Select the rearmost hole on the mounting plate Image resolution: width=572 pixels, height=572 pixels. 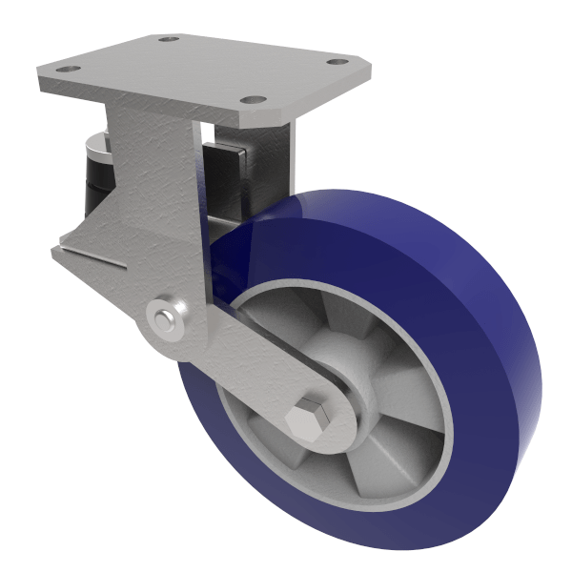(x=169, y=39)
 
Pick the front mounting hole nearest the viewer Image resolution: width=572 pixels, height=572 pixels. (x=251, y=99)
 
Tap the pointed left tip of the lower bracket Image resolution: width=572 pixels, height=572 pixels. (x=55, y=250)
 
